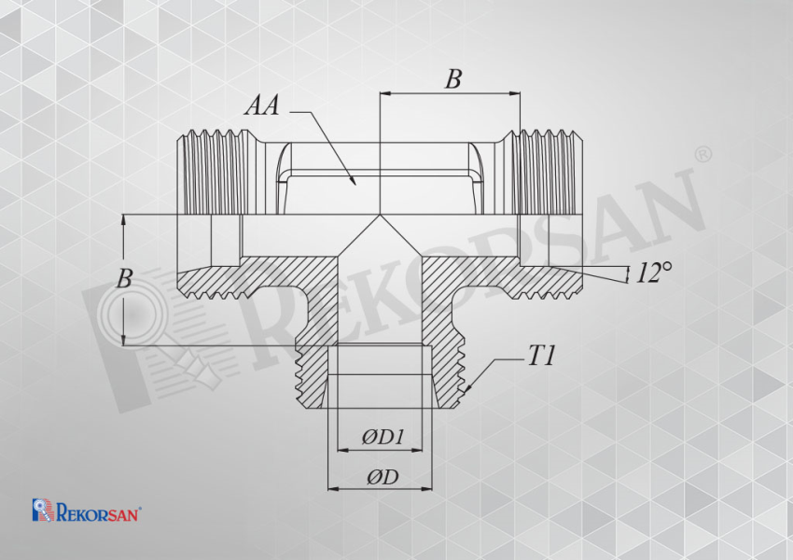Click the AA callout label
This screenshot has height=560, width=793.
click(262, 106)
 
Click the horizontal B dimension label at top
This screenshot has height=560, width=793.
click(453, 79)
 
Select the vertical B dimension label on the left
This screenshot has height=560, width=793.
click(124, 279)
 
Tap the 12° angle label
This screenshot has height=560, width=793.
click(653, 273)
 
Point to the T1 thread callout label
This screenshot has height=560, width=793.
click(541, 357)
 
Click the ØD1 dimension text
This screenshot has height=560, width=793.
click(383, 437)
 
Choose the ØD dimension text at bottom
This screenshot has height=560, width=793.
click(383, 477)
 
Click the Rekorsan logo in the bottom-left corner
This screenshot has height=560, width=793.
click(87, 510)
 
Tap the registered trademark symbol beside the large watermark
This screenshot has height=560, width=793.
click(703, 155)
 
